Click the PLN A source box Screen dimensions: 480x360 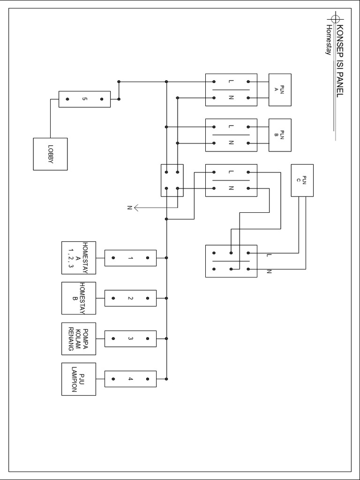[x=279, y=90]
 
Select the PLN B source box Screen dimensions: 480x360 [x=279, y=135]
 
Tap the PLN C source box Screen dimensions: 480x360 [x=302, y=180]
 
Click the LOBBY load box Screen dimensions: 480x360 [x=50, y=154]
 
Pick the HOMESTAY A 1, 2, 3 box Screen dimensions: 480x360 [x=79, y=258]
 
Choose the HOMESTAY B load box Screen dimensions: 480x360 [x=79, y=298]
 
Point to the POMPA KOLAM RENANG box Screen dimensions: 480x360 [x=79, y=338]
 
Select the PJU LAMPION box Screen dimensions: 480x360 [x=79, y=379]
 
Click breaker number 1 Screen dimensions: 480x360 [x=130, y=258]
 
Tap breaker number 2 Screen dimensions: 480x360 [x=130, y=298]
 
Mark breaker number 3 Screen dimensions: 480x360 [x=130, y=338]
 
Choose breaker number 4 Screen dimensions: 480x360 [x=130, y=379]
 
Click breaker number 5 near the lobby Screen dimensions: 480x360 [x=84, y=99]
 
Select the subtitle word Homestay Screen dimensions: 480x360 [x=329, y=40]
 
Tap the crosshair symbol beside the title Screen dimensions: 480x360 [x=335, y=19]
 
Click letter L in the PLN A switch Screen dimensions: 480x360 [x=231, y=82]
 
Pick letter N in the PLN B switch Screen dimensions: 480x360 [x=231, y=143]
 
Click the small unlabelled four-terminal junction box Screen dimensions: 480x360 [x=172, y=180]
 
